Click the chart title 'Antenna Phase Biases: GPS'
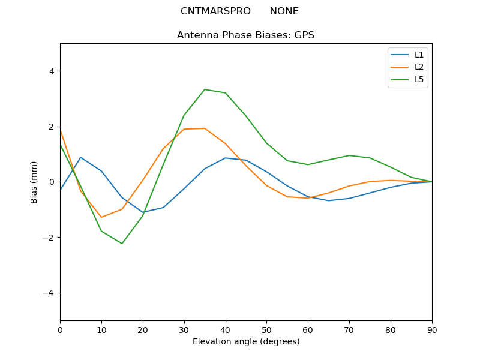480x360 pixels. point(245,35)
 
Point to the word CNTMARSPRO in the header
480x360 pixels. point(215,11)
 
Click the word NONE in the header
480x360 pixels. point(284,11)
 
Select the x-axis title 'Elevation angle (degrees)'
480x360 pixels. point(245,342)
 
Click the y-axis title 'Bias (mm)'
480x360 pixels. point(34,182)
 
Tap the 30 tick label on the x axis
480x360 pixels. point(184,329)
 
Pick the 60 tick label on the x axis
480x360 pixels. point(308,329)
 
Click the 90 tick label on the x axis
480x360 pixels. point(431,329)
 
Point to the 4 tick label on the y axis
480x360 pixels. point(51,71)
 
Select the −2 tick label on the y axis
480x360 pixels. point(49,238)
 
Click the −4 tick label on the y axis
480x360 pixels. point(49,293)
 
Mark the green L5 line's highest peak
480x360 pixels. point(205,89)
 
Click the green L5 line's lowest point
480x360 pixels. point(122,244)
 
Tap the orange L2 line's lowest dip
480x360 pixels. point(101,217)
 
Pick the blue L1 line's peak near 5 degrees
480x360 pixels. point(80,157)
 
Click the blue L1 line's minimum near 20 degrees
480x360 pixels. point(143,212)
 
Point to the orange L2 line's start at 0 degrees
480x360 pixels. point(60,129)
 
